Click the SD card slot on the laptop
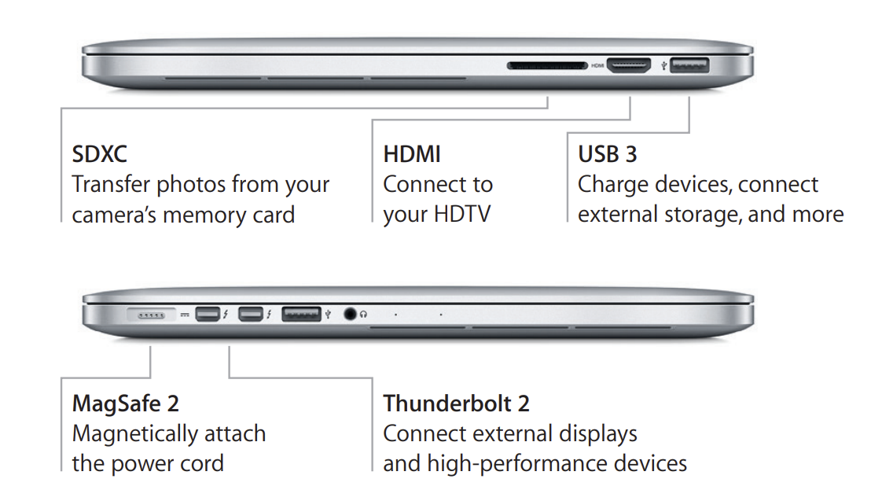(x=547, y=65)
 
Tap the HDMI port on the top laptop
(x=629, y=65)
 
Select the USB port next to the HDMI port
(x=689, y=65)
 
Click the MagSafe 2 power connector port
(x=151, y=315)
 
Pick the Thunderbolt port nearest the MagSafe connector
(x=208, y=314)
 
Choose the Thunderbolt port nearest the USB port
(x=251, y=314)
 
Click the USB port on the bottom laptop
(x=301, y=314)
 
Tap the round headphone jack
(x=350, y=314)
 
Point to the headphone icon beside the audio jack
(x=363, y=314)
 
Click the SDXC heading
(x=99, y=154)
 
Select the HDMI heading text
(x=412, y=154)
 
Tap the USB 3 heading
(x=607, y=154)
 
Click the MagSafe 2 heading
(x=126, y=403)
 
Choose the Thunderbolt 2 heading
(x=456, y=403)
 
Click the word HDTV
(x=462, y=214)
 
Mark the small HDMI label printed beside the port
(x=597, y=65)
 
